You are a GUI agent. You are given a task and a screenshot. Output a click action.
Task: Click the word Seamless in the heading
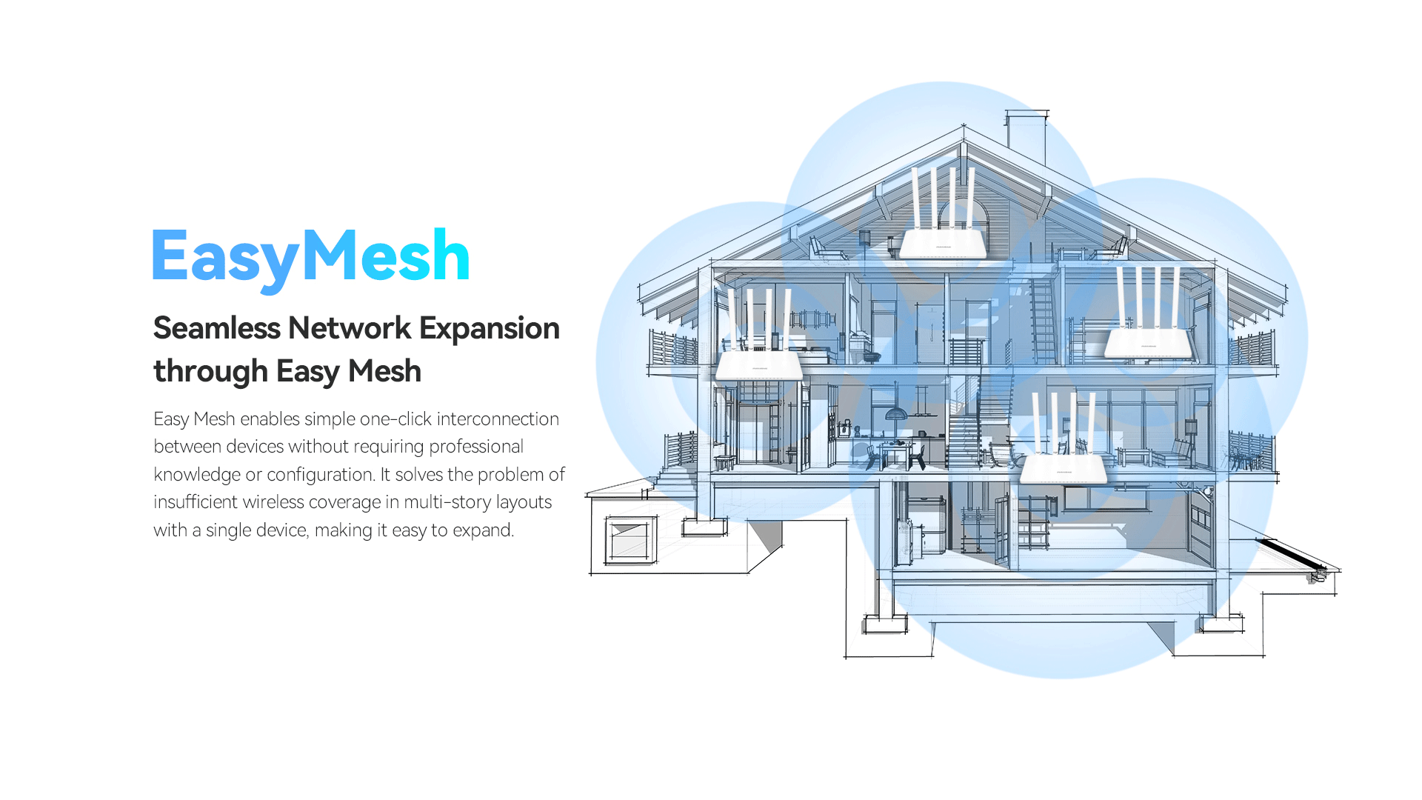(x=216, y=328)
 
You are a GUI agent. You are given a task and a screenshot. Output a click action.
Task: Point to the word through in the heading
(x=210, y=371)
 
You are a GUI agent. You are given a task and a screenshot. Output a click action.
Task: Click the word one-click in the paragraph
(x=395, y=419)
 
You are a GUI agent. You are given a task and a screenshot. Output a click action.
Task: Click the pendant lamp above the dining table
(x=896, y=413)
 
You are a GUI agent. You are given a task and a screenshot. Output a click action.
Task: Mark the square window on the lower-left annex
(x=630, y=539)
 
